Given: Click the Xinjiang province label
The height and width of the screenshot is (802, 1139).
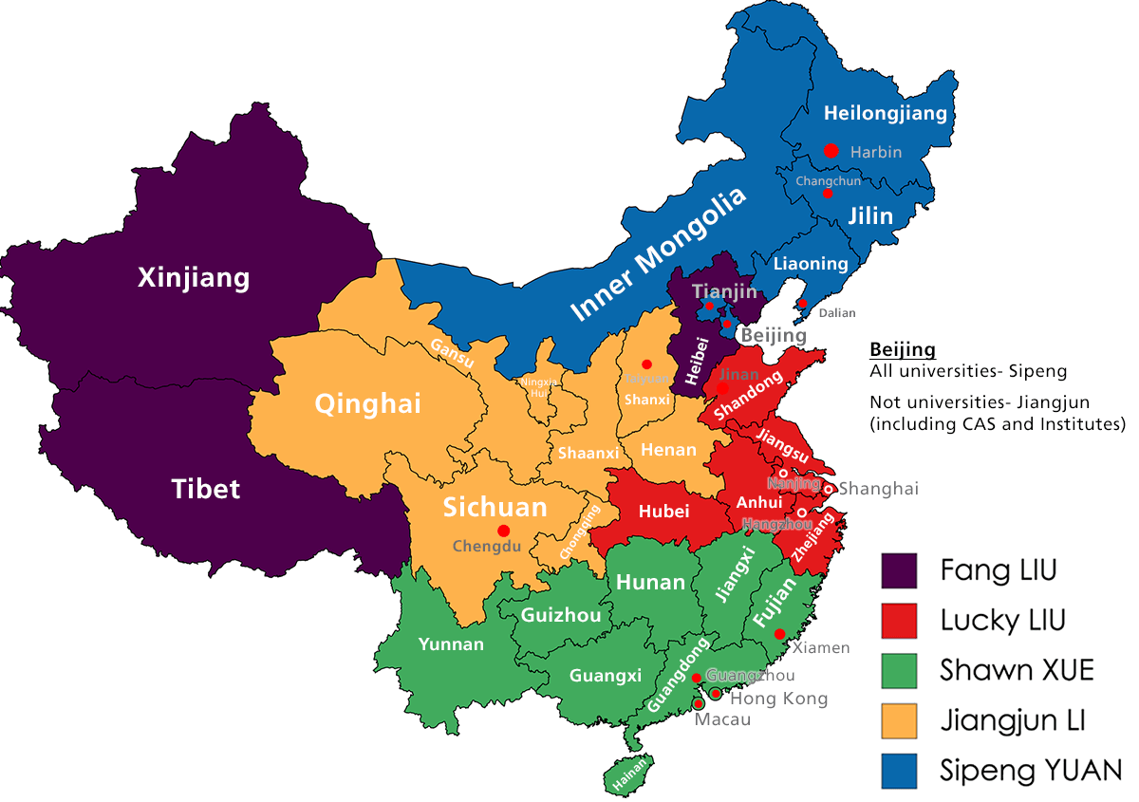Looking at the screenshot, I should tap(194, 278).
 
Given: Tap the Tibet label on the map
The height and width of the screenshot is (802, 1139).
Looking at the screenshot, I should tap(206, 489).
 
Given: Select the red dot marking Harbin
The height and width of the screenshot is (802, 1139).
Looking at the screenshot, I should tap(831, 150).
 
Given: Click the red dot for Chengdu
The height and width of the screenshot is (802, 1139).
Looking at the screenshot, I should tap(503, 531).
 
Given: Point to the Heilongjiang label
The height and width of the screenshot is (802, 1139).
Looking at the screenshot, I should tap(885, 114).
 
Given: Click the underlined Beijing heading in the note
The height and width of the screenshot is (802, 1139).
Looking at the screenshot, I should tap(902, 349).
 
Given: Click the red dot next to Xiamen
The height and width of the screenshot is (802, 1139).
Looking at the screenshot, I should tap(779, 634).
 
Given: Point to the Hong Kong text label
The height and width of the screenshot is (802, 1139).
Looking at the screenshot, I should tap(778, 699).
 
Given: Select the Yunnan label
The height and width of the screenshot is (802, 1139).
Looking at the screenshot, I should tap(451, 644).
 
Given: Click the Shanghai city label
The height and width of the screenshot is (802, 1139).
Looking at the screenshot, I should tap(879, 489).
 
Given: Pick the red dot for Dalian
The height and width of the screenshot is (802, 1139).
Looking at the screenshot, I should tap(802, 304).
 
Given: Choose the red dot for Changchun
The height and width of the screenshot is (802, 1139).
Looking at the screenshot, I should tap(828, 194).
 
